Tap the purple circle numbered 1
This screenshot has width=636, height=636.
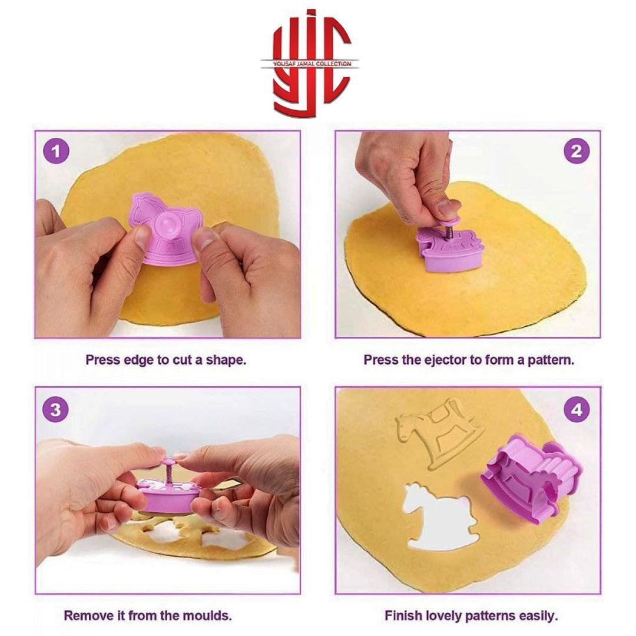coord(56,152)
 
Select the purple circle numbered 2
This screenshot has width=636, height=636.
coord(577,152)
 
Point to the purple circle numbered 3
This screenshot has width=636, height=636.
coord(56,410)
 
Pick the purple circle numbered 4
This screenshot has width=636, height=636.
coord(577,410)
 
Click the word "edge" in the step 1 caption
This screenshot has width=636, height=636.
coord(135,360)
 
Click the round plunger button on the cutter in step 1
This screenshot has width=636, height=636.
coord(167,223)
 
